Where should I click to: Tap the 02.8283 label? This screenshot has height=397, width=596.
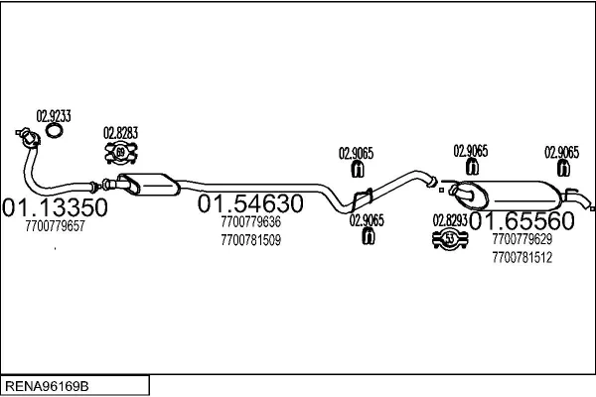pos(120,132)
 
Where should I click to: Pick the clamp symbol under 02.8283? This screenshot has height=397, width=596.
pos(121,152)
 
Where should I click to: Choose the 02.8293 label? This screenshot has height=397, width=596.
pos(449,220)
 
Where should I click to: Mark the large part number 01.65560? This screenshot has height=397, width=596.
pos(521,221)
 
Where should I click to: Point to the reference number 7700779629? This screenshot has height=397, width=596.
pos(521,240)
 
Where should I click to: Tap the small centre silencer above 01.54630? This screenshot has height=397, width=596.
pos(146,183)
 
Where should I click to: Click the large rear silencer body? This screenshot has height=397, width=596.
pos(521,192)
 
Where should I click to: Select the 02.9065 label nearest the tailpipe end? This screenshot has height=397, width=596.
pos(561,152)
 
